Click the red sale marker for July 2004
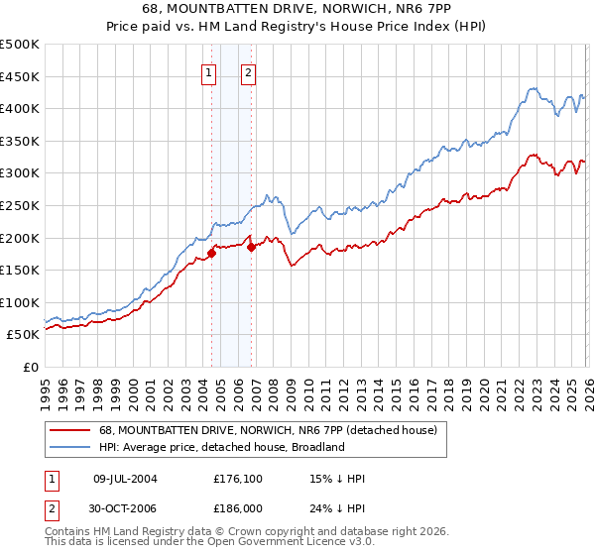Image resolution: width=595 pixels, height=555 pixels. click(x=212, y=254)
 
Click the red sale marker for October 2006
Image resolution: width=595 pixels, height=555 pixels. click(x=252, y=248)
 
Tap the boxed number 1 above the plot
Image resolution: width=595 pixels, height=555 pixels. click(x=210, y=71)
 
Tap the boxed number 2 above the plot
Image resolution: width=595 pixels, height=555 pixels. click(x=247, y=71)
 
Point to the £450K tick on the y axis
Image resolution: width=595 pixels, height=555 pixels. click(x=20, y=76)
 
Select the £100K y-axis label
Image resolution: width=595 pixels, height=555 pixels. click(x=20, y=303)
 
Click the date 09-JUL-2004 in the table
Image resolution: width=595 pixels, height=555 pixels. click(x=125, y=479)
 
